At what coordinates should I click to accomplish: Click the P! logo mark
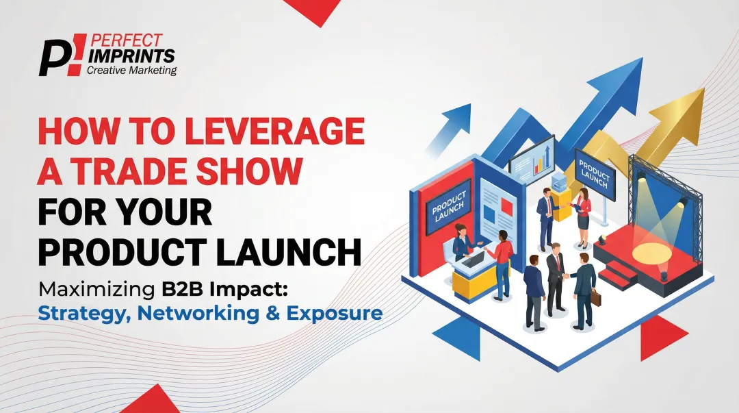pos(60,54)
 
